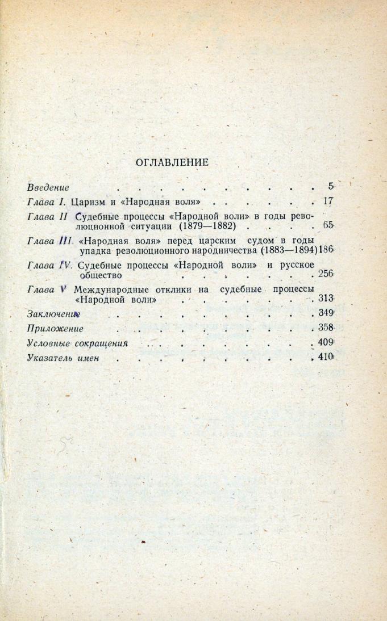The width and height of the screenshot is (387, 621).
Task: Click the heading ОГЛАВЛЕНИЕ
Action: [172, 162]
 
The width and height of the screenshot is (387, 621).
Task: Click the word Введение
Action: [48, 186]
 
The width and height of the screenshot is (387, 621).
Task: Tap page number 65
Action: [327, 225]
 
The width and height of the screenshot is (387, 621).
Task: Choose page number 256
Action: [325, 274]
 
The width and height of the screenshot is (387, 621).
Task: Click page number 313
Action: [325, 299]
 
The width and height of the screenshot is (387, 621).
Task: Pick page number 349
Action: [325, 313]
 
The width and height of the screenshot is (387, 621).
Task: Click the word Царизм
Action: [90, 201]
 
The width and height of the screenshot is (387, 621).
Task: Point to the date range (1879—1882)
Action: [211, 226]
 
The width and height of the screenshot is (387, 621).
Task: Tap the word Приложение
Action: [56, 328]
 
